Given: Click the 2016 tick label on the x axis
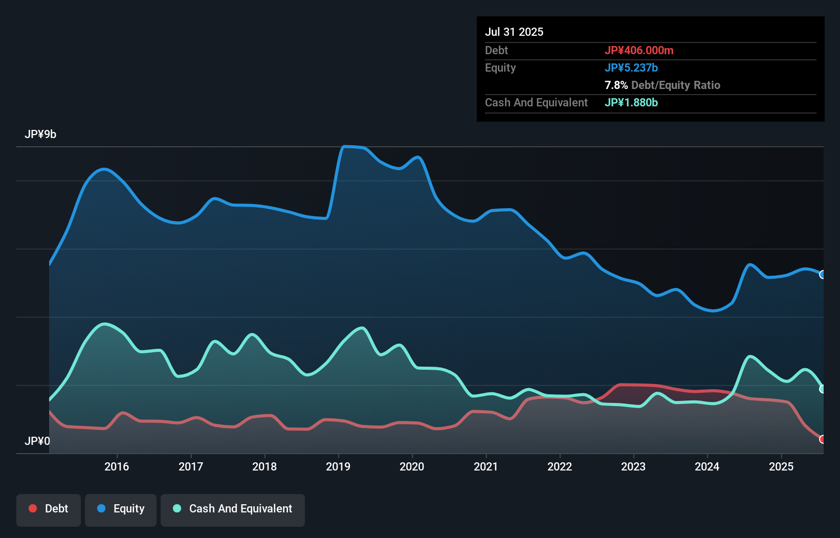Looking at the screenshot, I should coord(117,466).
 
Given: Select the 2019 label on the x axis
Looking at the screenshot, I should coord(338,466).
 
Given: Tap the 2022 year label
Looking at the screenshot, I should coord(560,466).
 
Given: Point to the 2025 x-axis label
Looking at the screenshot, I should coord(781,466).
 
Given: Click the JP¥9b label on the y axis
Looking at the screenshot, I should coord(40,134).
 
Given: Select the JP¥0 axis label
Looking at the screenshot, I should coord(37,441).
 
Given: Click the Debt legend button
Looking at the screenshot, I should coord(49,509).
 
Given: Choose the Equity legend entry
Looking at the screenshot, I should coord(121,509).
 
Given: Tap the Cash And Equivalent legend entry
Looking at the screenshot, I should coord(233,509).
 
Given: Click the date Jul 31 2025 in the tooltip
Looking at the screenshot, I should coord(514,32).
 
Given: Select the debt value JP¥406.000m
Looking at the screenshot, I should coord(639,50).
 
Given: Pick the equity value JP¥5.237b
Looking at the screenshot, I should coord(631,68).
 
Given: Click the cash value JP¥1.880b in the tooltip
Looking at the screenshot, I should coord(631,102).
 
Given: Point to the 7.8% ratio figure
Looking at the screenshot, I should coord(616,85).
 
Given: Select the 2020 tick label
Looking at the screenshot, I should coord(412,466).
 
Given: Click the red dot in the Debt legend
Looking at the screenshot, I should coord(33,508).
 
